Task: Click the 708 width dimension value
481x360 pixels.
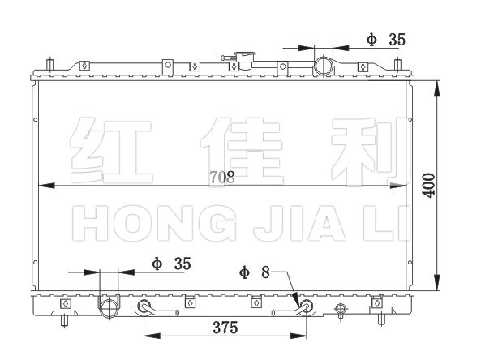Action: pos(222,177)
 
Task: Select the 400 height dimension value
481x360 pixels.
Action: pos(428,185)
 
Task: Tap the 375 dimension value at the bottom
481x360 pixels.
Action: pos(225,328)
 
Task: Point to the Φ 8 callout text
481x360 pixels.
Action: pos(255,272)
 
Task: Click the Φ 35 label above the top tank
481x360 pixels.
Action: pos(386,40)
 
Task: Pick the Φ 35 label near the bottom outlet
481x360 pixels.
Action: pos(171,264)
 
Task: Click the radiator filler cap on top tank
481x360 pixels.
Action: pos(244,61)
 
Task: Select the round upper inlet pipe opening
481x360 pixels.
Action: pos(324,66)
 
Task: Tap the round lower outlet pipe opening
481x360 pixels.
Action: pos(109,308)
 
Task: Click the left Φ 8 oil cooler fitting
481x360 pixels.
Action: pos(144,306)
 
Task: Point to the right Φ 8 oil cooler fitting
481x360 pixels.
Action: pos(306,306)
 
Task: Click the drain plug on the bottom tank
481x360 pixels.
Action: pos(341,310)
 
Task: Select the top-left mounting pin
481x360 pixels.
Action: pos(49,65)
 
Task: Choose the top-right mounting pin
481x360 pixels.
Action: pos(397,64)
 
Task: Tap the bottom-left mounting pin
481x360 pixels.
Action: pos(64,321)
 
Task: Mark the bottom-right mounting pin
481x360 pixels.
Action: pos(381,319)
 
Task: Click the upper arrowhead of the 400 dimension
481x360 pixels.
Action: pos(437,89)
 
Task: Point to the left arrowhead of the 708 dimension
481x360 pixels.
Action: pos(46,186)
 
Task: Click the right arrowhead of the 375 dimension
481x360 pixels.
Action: pos(298,336)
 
